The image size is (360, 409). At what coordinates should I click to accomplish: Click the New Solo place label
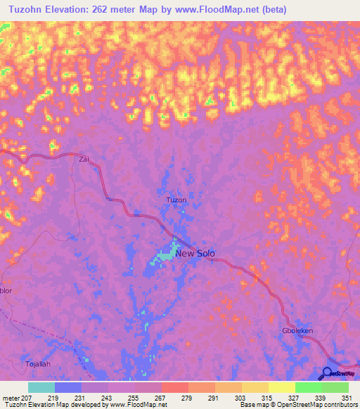coord(195,254)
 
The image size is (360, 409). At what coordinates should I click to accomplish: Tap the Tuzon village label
coord(176,200)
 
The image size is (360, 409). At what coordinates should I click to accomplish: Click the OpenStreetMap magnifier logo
coord(328,373)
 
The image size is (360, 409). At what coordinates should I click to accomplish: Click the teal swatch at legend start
coord(41,387)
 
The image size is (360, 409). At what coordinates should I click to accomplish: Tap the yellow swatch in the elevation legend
coord(281,387)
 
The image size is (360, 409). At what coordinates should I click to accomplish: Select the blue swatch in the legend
coord(68,387)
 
